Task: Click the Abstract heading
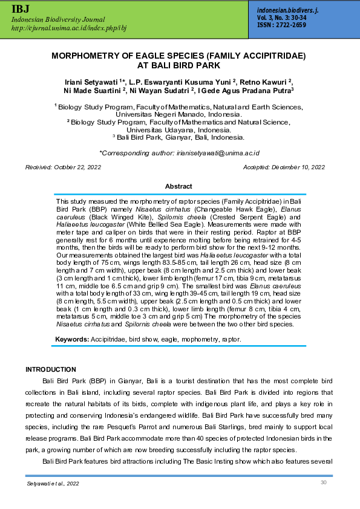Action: pyautogui.click(x=179, y=187)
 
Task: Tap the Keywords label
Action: pyautogui.click(x=71, y=340)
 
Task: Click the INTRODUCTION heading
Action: pyautogui.click(x=51, y=369)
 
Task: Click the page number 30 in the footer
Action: pyautogui.click(x=323, y=482)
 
